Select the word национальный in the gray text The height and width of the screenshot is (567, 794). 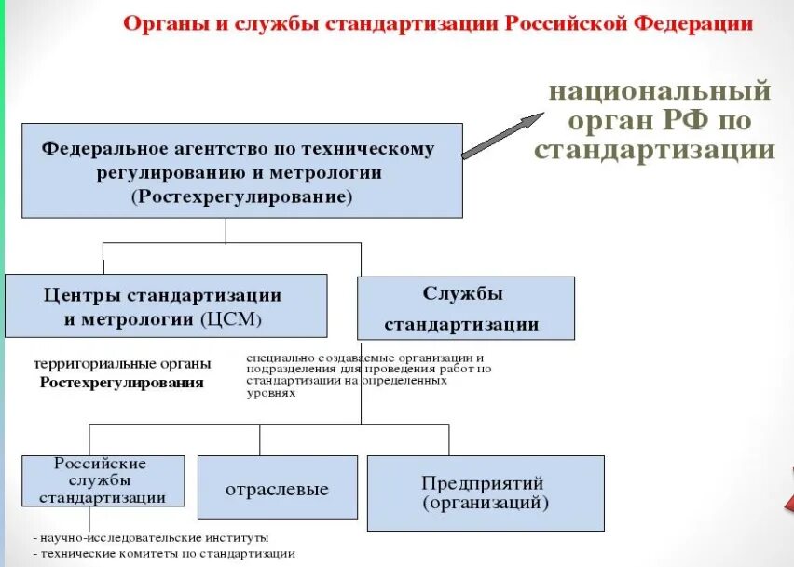(660, 92)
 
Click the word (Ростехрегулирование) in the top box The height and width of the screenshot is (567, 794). (242, 196)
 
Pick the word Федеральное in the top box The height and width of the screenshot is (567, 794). (102, 149)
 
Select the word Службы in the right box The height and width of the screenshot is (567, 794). (462, 293)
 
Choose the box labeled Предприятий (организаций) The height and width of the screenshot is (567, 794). (485, 493)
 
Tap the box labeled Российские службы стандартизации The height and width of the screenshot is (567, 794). (102, 480)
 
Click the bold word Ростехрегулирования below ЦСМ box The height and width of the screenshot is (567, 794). (121, 382)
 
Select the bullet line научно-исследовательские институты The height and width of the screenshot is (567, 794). (154, 537)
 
